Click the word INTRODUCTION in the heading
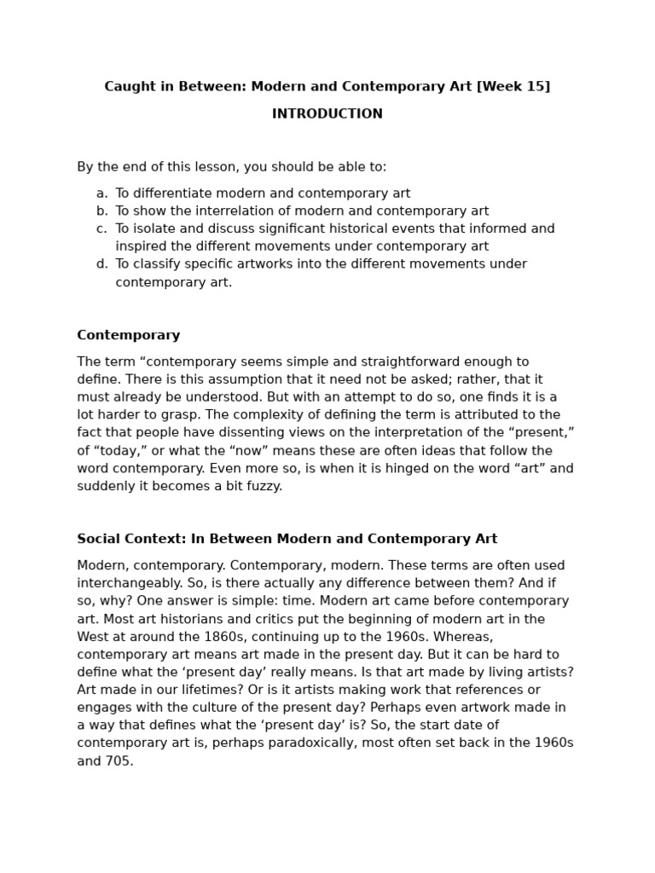[x=327, y=114]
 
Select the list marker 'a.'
[x=101, y=194]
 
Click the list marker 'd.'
[x=101, y=264]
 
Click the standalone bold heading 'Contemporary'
[x=129, y=335]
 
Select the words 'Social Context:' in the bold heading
[x=131, y=539]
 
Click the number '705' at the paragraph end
[x=119, y=760]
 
